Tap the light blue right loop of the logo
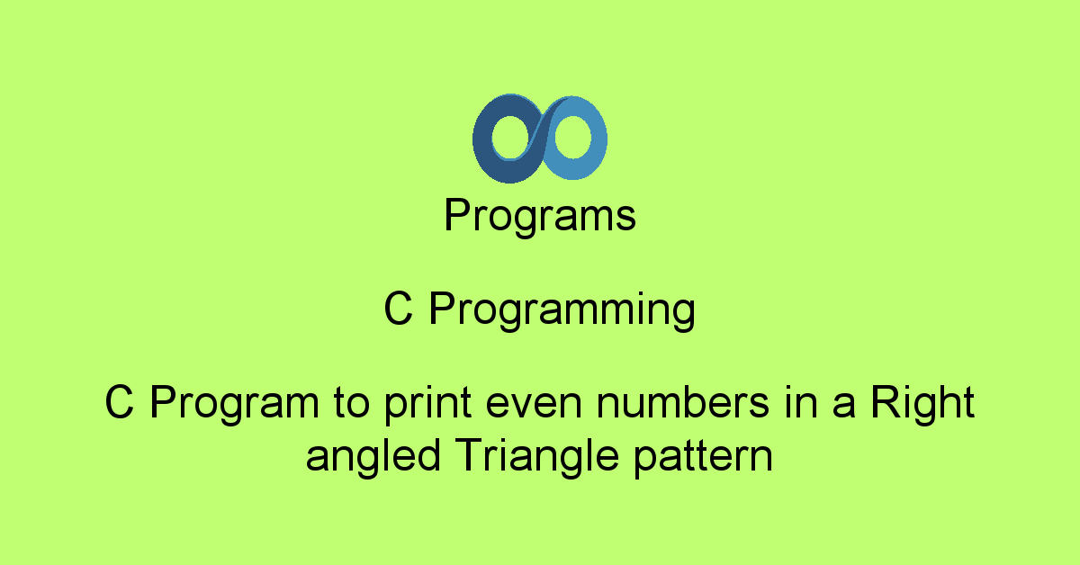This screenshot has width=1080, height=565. coord(598,139)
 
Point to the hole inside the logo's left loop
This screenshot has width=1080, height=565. coord(510,137)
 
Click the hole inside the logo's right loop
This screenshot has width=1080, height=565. coord(572,137)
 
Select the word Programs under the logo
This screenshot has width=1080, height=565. coord(540,216)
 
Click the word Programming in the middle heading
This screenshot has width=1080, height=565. coord(562,310)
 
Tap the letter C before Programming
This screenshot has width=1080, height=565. coord(398,308)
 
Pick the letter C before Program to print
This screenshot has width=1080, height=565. coord(119,401)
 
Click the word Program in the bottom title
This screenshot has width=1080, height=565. coord(234,404)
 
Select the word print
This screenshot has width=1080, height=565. coord(428,404)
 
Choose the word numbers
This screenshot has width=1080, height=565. coord(683,401)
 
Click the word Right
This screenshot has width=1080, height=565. coord(922,404)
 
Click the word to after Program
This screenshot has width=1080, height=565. coord(352,403)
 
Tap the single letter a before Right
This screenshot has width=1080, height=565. coord(844,406)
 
